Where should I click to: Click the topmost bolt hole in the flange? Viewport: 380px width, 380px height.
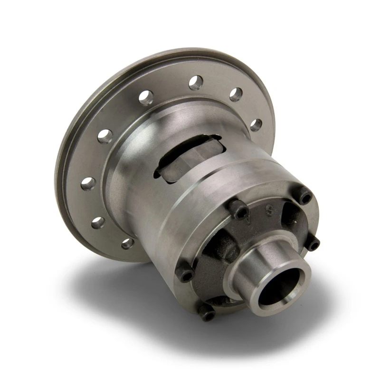tap(196, 83)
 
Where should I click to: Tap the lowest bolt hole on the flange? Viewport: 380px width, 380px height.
tap(127, 243)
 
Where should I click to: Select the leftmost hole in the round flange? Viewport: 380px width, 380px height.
tap(86, 183)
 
